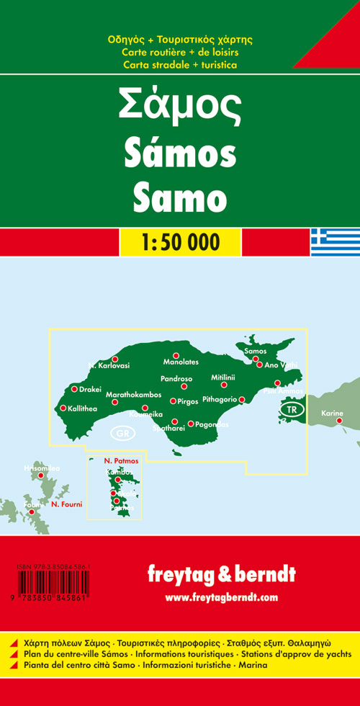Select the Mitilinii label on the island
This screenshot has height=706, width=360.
(223, 377)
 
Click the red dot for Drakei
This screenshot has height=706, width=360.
(73, 389)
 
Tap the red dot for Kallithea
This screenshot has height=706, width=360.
(63, 408)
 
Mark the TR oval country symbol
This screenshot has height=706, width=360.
(291, 410)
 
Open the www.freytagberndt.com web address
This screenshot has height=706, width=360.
(220, 597)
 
